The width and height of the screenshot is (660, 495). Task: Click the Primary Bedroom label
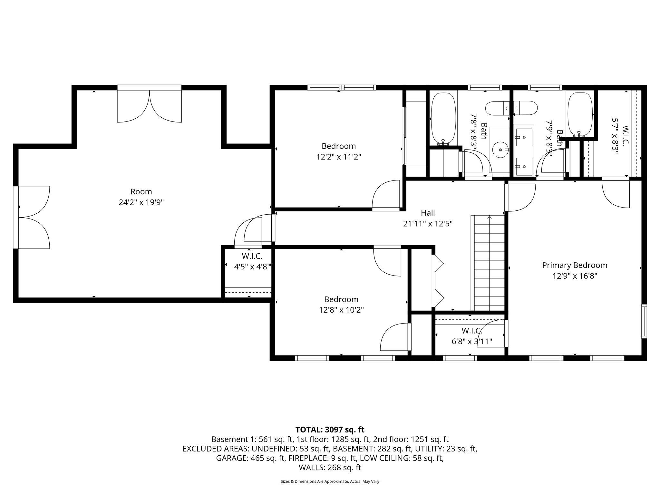tap(574, 265)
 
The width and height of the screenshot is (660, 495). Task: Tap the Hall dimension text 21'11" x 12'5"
tap(428, 224)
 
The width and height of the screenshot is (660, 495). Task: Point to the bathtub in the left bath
tap(443, 118)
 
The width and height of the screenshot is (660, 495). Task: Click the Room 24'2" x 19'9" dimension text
tap(141, 202)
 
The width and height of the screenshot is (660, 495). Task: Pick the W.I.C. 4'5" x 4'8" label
tap(252, 257)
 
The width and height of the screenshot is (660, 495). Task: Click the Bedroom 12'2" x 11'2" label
tap(338, 146)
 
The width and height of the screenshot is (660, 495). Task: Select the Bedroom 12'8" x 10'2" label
tap(341, 299)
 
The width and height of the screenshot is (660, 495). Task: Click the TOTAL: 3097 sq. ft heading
tap(330, 430)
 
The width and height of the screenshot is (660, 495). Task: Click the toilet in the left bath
tap(497, 108)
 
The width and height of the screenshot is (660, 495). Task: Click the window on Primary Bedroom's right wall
tap(644, 321)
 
